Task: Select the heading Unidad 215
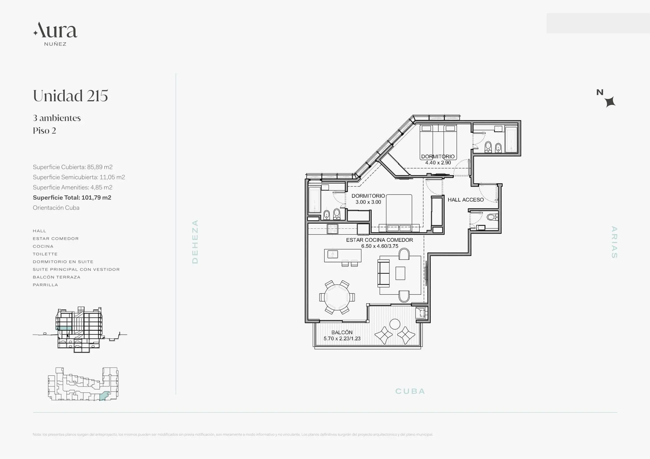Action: tap(71, 96)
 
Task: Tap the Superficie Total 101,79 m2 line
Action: tap(72, 198)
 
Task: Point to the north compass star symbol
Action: tap(610, 102)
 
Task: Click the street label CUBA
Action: tap(410, 392)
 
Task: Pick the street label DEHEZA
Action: tap(195, 242)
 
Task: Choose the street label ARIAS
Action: tap(614, 242)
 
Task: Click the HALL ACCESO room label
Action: tap(466, 200)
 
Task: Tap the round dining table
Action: tap(337, 297)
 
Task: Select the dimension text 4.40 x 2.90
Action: tap(438, 163)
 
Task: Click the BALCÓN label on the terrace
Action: tap(342, 332)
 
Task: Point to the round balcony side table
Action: tap(395, 324)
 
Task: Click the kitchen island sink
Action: tap(333, 254)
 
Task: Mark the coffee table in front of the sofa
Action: tap(400, 273)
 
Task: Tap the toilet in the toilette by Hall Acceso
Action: tap(492, 217)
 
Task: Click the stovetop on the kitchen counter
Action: tap(332, 229)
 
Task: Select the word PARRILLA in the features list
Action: tap(45, 285)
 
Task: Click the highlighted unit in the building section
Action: tap(64, 328)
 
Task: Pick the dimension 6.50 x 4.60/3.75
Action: tap(380, 246)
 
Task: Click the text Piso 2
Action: tap(44, 131)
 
